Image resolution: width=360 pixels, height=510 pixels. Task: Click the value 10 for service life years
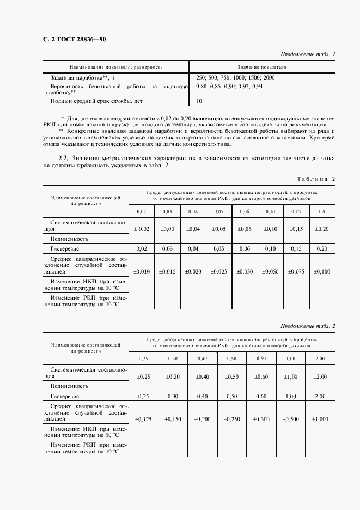click(x=199, y=101)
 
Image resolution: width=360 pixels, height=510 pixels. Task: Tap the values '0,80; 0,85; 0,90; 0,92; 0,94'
click(x=229, y=86)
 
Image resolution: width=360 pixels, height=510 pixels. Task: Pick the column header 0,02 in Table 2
click(x=142, y=211)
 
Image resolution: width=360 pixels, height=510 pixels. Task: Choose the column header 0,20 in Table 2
click(x=322, y=211)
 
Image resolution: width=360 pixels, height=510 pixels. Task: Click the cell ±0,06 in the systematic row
click(x=245, y=229)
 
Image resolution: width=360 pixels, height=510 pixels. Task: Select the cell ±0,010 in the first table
click(x=142, y=271)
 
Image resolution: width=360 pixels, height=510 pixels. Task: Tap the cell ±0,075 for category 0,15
click(x=296, y=271)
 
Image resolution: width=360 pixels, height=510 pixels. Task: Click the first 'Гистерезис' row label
click(x=65, y=248)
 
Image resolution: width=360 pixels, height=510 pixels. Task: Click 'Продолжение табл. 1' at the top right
click(x=308, y=54)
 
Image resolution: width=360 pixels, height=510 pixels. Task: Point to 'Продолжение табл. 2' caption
click(x=308, y=326)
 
